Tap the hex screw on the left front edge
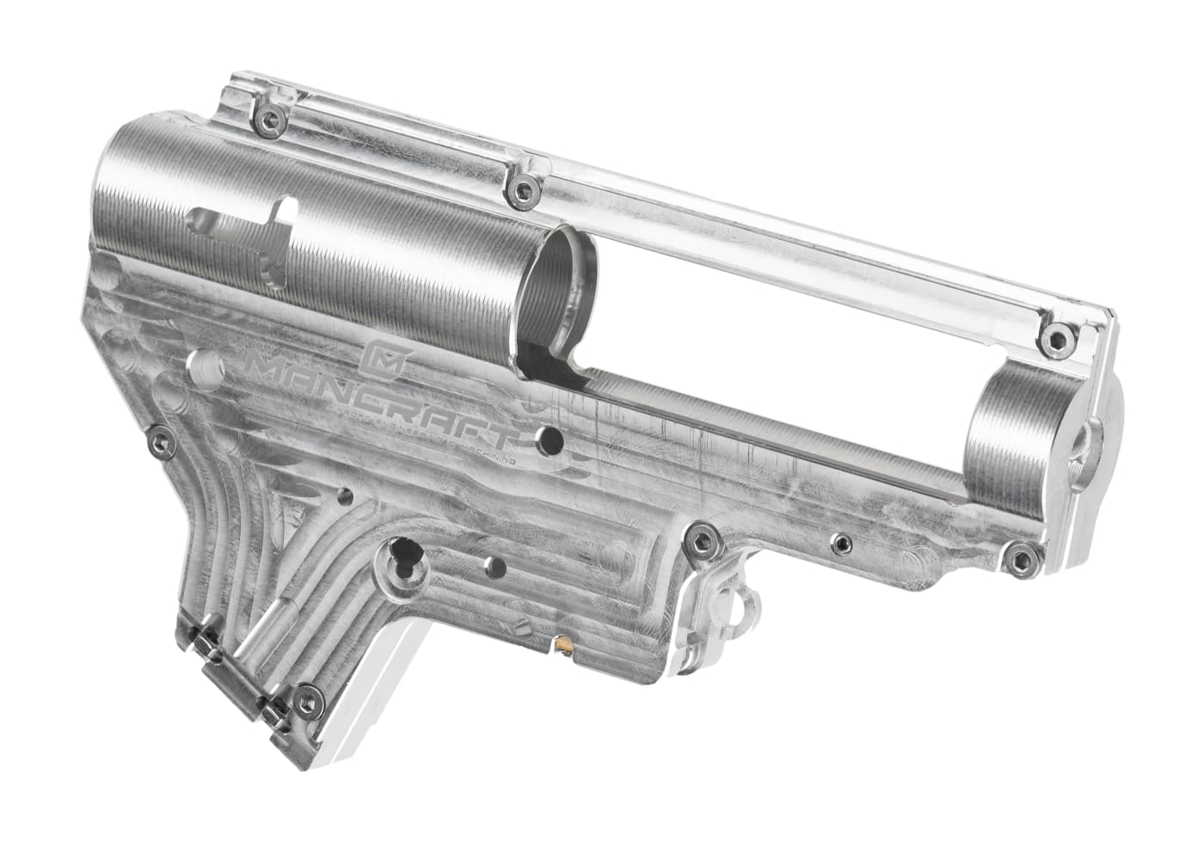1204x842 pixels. [157, 441]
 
